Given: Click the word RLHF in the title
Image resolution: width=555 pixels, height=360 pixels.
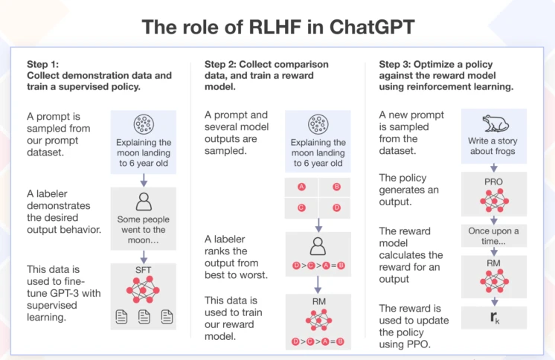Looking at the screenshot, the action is click(x=275, y=28).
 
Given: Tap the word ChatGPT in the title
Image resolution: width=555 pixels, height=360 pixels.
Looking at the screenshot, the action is click(x=372, y=28).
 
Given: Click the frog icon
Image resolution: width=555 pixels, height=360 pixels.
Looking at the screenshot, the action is click(x=495, y=123).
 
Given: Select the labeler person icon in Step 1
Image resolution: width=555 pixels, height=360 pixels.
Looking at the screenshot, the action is click(x=144, y=202).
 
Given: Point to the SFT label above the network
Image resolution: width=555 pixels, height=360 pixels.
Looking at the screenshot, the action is click(x=143, y=270).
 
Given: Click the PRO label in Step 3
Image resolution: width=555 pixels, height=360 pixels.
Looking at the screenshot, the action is click(x=493, y=181).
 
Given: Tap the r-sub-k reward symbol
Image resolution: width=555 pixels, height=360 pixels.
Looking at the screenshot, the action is click(x=495, y=318).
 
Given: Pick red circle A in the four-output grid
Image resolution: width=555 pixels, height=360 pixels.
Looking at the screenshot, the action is click(x=301, y=187).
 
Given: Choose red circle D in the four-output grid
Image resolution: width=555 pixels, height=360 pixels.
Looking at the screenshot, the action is click(x=336, y=208).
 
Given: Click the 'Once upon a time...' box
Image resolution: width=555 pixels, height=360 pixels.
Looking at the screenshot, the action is click(x=494, y=236).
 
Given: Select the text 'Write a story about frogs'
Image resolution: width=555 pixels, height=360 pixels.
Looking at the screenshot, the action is click(x=493, y=146).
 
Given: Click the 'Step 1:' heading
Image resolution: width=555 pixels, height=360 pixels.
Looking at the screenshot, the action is click(x=43, y=64).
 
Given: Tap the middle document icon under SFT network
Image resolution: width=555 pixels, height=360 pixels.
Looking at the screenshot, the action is click(x=144, y=316).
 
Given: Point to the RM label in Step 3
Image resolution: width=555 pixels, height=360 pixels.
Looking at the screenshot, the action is click(x=493, y=263).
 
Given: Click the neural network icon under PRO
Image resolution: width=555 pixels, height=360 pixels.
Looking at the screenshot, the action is click(x=494, y=200).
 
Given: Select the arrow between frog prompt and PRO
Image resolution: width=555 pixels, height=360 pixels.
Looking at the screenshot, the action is click(x=494, y=167).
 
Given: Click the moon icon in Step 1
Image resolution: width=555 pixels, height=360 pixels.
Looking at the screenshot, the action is click(x=144, y=124).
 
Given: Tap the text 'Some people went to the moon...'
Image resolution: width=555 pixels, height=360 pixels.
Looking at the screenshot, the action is click(x=144, y=230).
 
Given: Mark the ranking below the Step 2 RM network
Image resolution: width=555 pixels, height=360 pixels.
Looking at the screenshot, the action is click(x=318, y=341).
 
